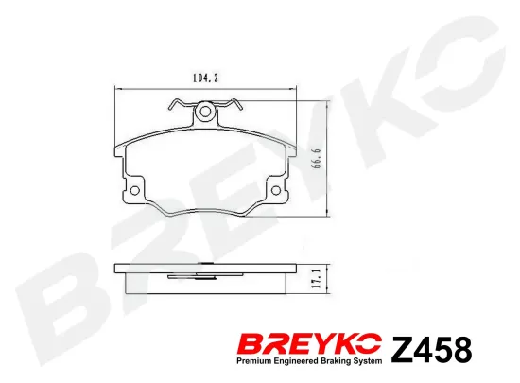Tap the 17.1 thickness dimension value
[x=321, y=279]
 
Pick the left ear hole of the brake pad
[x=133, y=191]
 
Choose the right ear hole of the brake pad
[x=277, y=191]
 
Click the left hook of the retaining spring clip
[x=171, y=105]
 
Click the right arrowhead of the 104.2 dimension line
[x=295, y=88]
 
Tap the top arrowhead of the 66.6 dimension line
[x=327, y=101]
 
